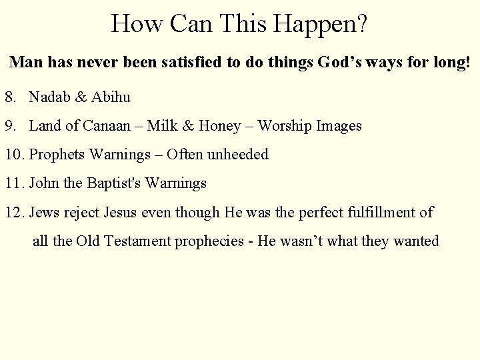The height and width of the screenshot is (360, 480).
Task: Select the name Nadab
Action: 49,97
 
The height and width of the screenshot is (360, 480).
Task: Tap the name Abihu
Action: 111,97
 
